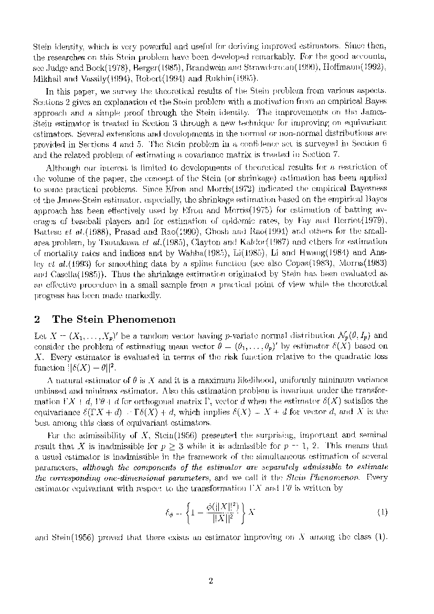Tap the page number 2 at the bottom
(210, 581)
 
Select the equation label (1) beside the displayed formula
(382, 512)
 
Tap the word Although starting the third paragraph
(61, 167)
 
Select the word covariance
(211, 153)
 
